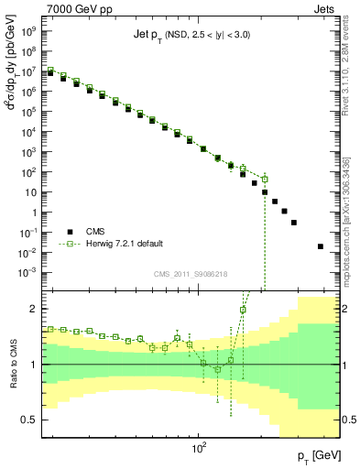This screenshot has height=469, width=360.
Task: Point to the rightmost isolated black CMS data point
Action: pyautogui.click(x=320, y=245)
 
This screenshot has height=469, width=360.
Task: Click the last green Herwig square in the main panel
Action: pyautogui.click(x=265, y=179)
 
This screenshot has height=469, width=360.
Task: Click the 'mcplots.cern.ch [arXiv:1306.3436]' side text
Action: pyautogui.click(x=352, y=215)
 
